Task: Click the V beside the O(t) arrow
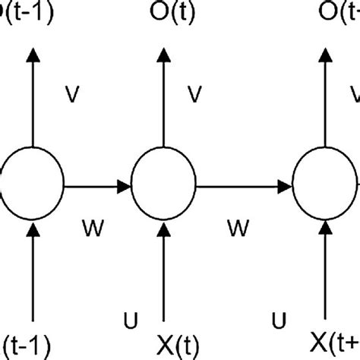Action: click(x=196, y=95)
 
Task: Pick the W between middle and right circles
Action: click(x=238, y=226)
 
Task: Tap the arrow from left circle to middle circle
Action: click(x=97, y=185)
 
